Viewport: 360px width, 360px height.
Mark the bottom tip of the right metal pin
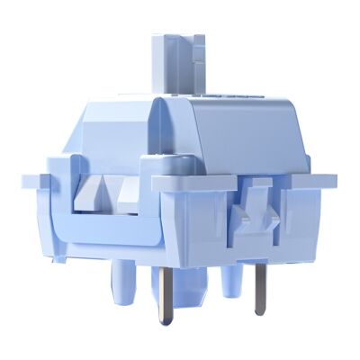[x=260, y=312]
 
